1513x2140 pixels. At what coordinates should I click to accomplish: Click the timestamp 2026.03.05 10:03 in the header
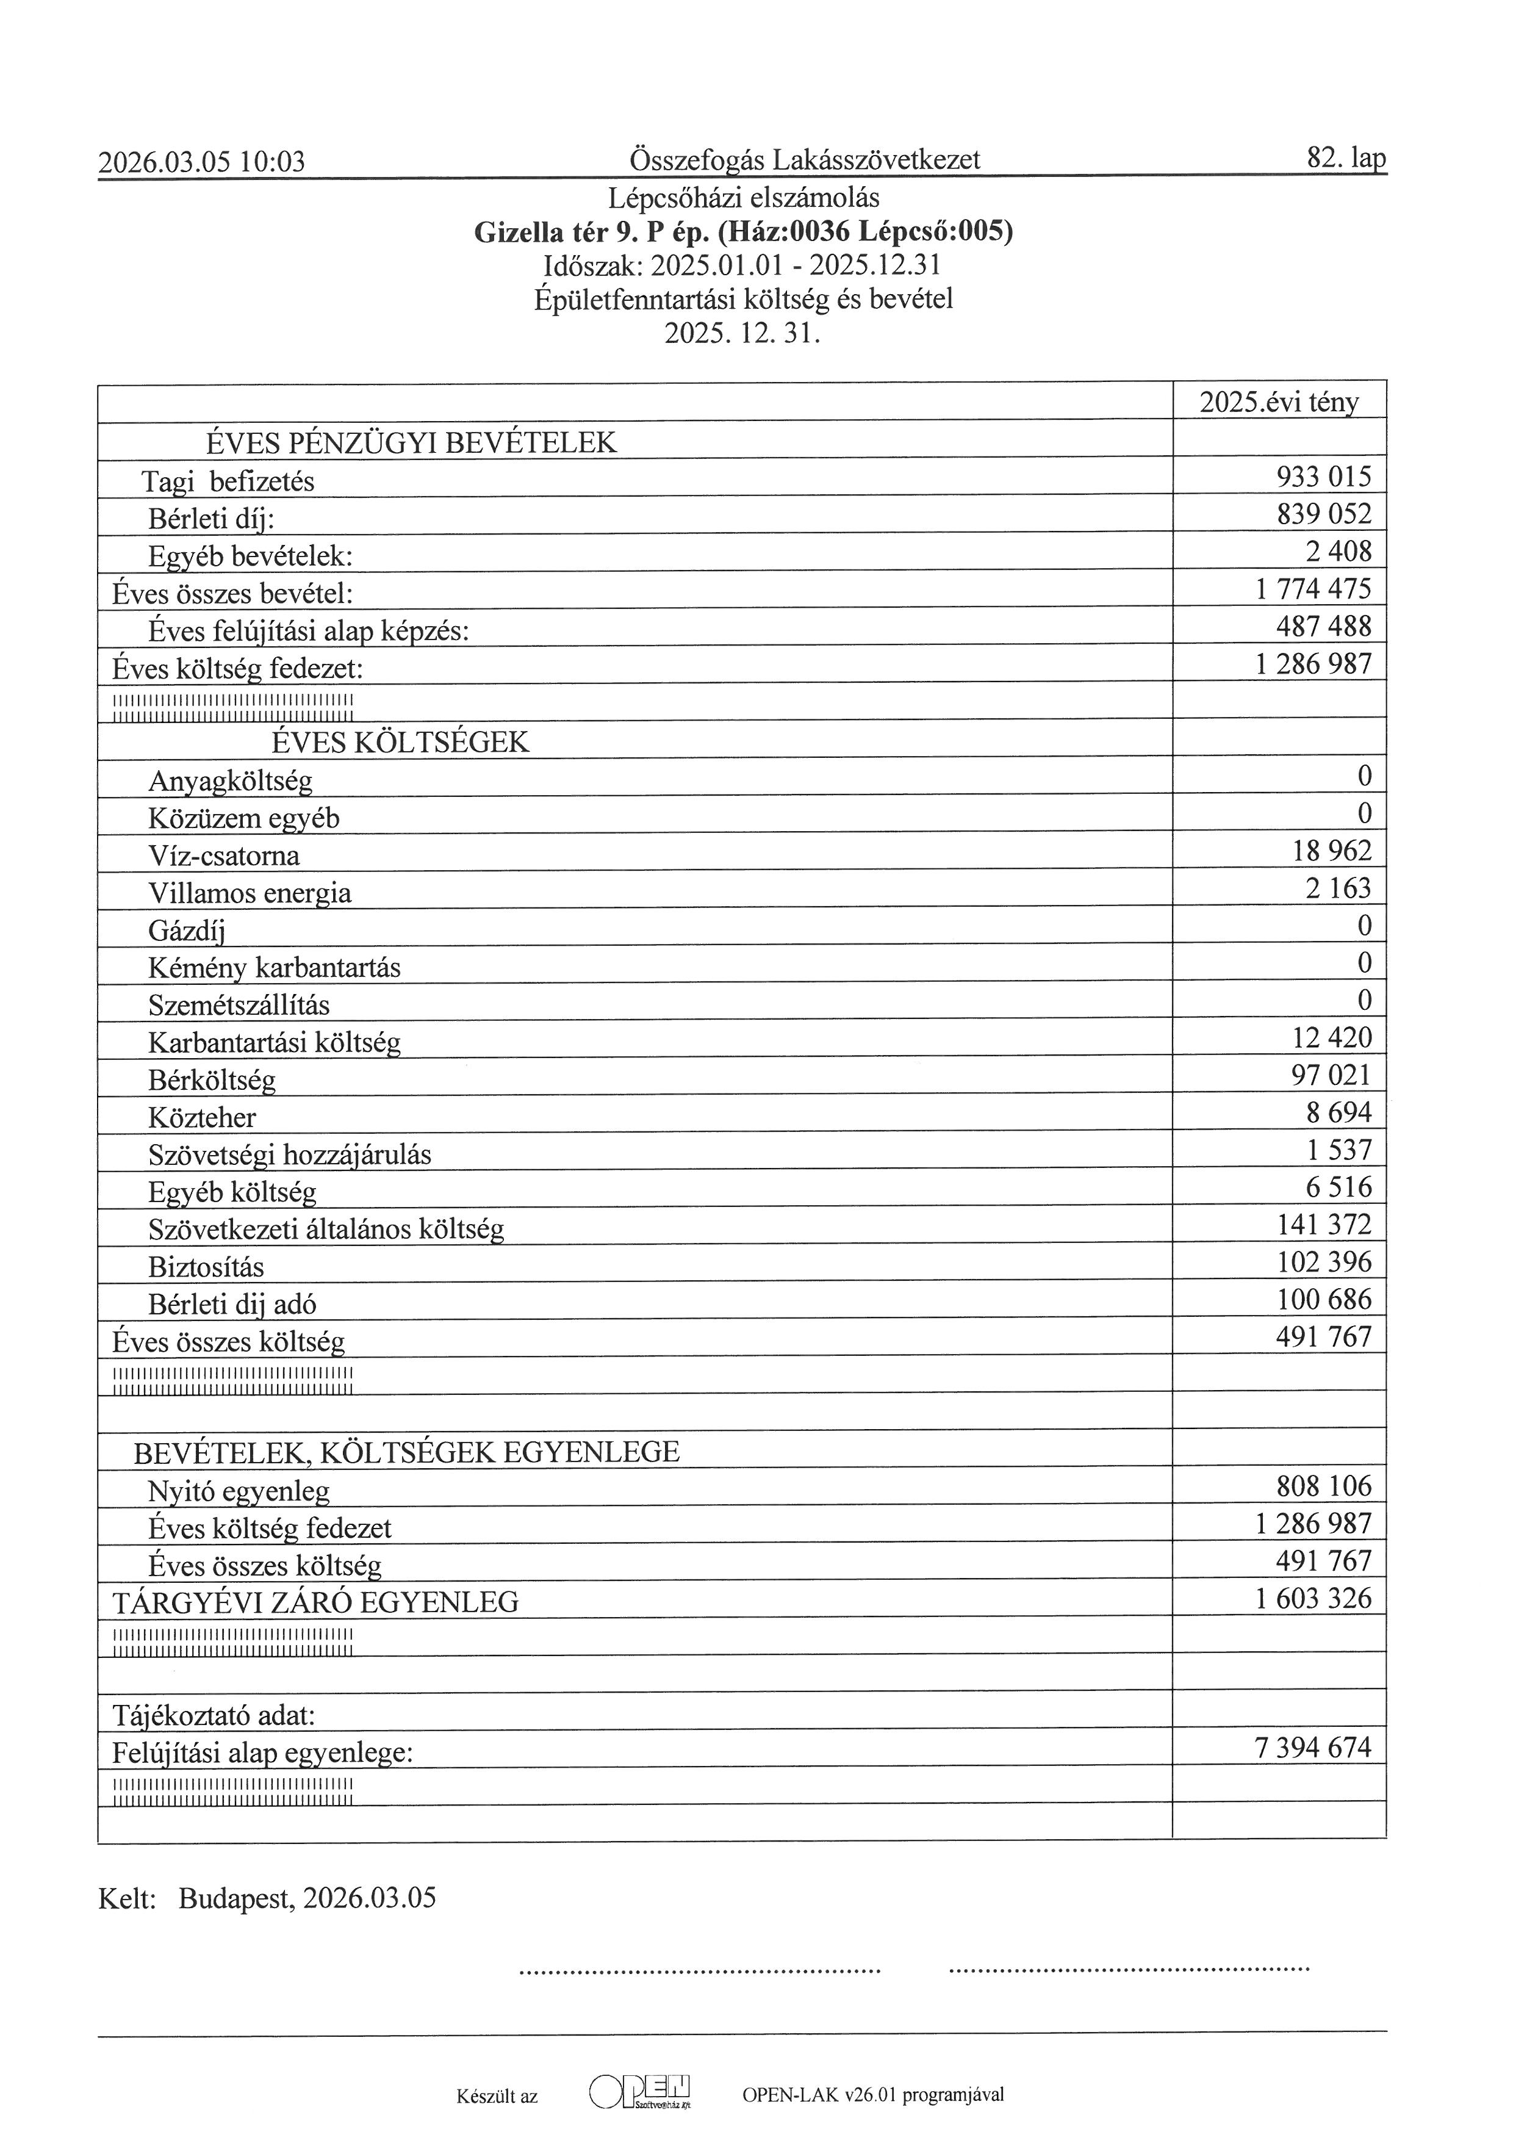tap(201, 162)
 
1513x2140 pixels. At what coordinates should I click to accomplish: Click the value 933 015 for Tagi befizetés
tap(1323, 477)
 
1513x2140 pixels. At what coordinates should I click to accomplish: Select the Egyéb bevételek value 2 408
tap(1338, 551)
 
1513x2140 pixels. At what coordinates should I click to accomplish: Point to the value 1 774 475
tap(1314, 589)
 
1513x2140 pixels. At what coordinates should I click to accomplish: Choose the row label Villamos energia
tap(250, 893)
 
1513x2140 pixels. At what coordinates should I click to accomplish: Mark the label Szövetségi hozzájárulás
tap(289, 1155)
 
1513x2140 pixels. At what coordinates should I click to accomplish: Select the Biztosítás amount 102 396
tap(1323, 1262)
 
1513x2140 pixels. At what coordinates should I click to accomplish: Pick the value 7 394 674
tap(1314, 1748)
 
